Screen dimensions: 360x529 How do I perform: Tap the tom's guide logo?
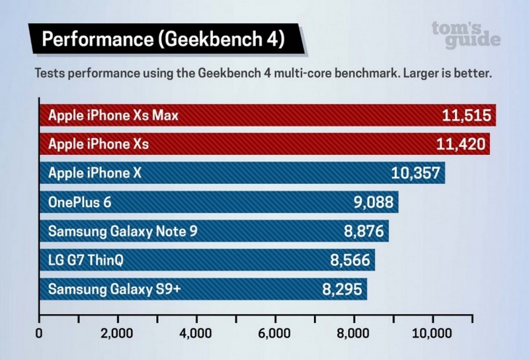pos(466,34)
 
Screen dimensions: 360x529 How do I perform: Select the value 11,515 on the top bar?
pos(466,116)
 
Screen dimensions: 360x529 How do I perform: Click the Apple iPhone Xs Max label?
pos(113,116)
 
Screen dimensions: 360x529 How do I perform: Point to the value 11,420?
pos(463,144)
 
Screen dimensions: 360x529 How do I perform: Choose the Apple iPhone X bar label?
pos(95,173)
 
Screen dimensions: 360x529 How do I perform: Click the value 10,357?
pos(417,173)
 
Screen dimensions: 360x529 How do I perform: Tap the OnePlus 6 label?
pos(80,202)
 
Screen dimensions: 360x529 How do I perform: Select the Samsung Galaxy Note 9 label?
pos(122,232)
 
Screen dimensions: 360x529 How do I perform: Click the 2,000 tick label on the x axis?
pos(118,333)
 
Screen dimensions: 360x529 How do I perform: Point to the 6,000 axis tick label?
pos(275,333)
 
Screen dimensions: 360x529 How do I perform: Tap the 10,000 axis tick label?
pos(432,333)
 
